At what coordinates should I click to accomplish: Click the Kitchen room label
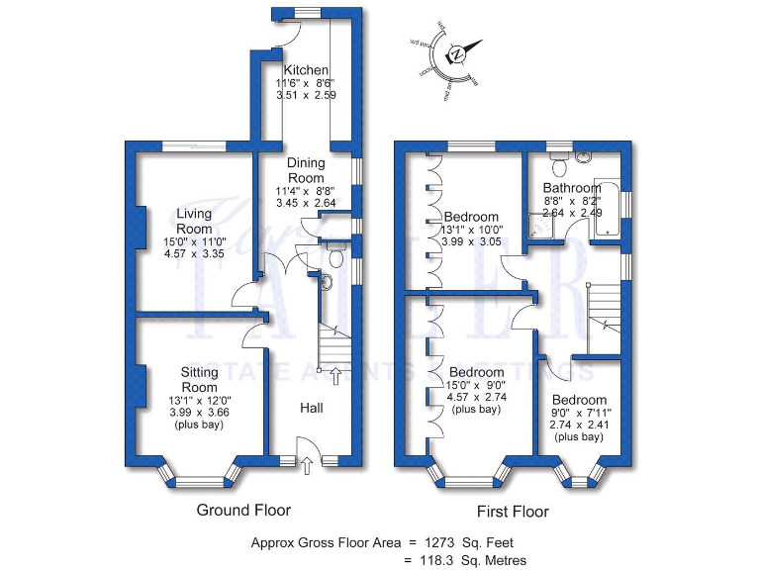click(305, 70)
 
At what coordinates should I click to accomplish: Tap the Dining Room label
click(306, 170)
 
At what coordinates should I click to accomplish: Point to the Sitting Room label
click(199, 379)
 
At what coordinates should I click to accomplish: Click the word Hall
click(312, 407)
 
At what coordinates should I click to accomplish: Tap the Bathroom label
click(571, 188)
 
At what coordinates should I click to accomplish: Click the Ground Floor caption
click(244, 511)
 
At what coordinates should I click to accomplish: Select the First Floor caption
click(512, 512)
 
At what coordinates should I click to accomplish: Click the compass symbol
click(457, 55)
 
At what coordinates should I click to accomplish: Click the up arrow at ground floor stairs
click(334, 375)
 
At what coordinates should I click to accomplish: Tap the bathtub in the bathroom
click(607, 211)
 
